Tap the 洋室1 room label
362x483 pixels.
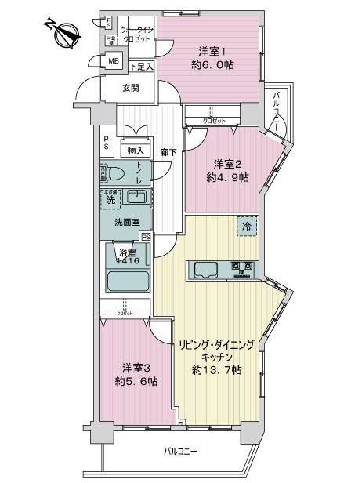pos(207,52)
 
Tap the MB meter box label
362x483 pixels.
pos(114,61)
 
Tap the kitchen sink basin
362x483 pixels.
pos(206,271)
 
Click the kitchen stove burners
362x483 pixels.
pos(241,271)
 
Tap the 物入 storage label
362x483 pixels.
pos(136,151)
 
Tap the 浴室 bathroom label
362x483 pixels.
pos(127,252)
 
